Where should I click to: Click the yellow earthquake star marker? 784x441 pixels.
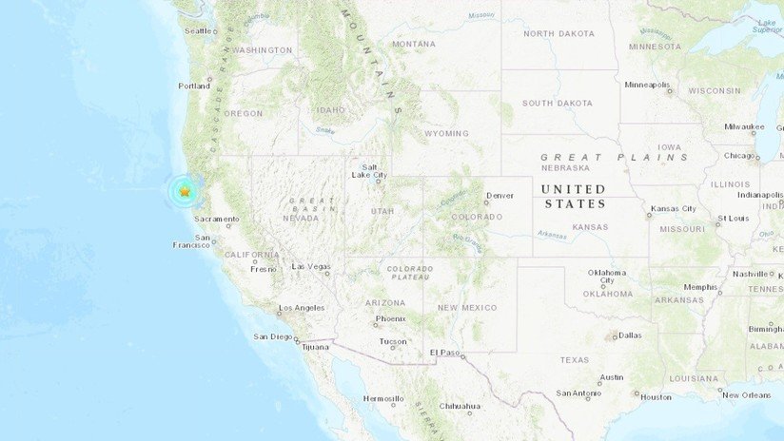click(184, 192)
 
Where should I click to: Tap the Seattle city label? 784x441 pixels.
click(198, 30)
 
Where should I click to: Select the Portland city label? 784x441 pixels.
click(193, 86)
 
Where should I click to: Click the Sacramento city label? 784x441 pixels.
click(218, 219)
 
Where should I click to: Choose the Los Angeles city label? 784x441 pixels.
click(301, 308)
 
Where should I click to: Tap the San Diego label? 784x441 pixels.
click(273, 336)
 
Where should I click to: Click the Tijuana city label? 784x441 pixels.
click(315, 347)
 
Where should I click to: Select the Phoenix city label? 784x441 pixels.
click(390, 318)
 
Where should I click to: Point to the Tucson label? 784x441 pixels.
click(392, 341)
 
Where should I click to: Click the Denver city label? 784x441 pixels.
click(500, 196)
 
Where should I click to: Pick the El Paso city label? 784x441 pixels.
click(445, 353)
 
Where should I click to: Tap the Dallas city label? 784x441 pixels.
click(629, 335)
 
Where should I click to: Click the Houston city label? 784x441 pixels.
click(656, 396)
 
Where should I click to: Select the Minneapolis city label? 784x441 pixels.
click(647, 85)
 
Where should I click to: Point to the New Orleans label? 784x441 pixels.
click(746, 394)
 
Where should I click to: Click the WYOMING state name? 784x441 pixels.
click(446, 133)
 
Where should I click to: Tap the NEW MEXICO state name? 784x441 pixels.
click(466, 307)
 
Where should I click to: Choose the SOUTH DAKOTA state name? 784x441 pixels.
click(557, 102)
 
